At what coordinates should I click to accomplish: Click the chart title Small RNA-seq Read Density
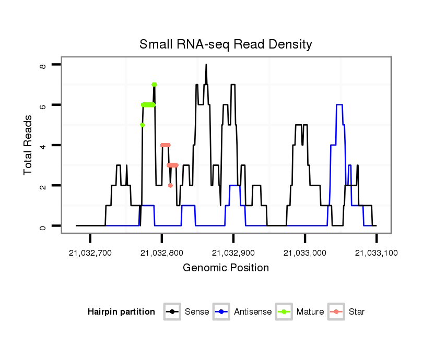point(226,44)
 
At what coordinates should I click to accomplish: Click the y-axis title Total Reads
point(29,145)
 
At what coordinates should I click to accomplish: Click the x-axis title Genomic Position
point(226,268)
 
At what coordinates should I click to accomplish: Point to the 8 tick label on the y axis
point(43,65)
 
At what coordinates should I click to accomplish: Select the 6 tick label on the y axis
point(43,105)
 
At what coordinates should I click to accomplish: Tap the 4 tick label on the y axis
point(43,145)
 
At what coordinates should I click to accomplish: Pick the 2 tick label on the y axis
point(43,186)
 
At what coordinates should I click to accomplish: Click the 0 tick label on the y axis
point(43,226)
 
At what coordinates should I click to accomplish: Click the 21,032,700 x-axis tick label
point(90,253)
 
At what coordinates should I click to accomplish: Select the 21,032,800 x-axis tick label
point(162,253)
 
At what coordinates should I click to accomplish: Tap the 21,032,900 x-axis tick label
point(233,253)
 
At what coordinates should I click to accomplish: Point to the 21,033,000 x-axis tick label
point(305,253)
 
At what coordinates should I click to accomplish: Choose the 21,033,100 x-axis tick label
point(377,253)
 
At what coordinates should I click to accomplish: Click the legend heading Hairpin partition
point(121,312)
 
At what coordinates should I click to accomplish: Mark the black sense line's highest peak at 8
point(206,65)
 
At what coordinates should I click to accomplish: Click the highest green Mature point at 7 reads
point(154,85)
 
